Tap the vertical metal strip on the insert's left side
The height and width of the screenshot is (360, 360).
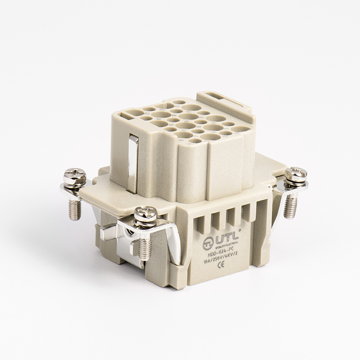(x=133, y=164)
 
